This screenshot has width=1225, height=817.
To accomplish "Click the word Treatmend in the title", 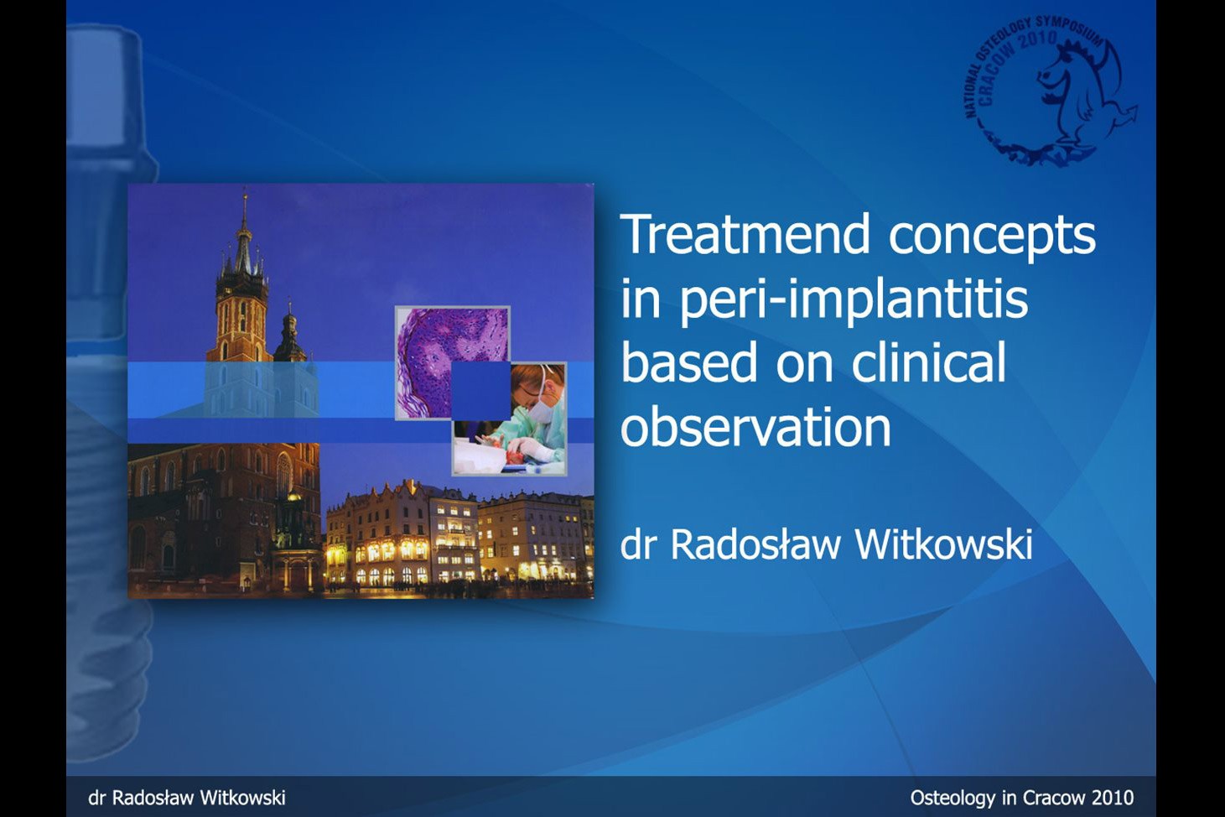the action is coord(745,234).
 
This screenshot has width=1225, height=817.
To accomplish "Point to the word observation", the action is coord(755,426).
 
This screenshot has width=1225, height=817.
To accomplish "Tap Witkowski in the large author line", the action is coord(943,544).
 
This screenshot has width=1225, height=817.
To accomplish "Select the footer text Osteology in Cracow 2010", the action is coord(1021,798).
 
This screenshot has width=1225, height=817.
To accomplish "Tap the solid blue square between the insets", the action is coord(480,391).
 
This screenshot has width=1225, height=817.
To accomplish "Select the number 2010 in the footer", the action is coord(1113,798).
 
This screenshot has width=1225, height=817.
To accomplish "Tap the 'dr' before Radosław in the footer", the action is coord(96,798).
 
